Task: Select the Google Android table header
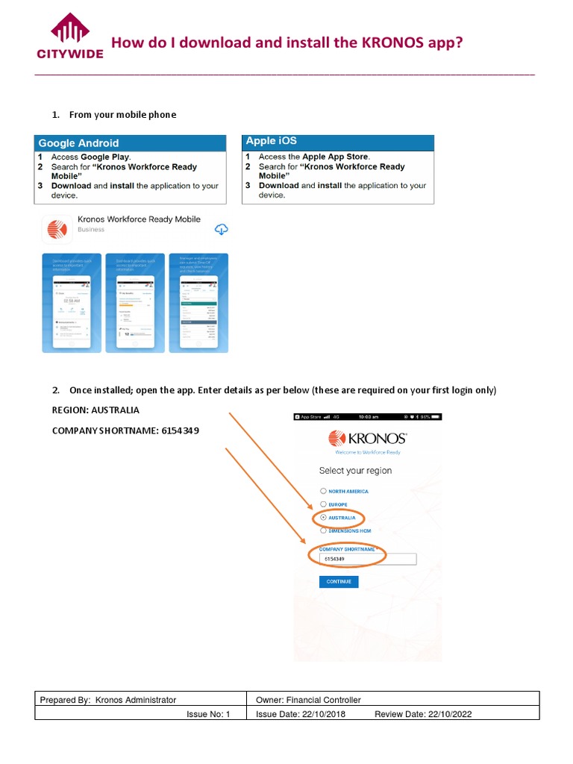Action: pos(78,143)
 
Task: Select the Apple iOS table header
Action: pos(272,141)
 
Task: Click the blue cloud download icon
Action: pos(221,229)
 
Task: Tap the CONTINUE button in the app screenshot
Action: pos(338,582)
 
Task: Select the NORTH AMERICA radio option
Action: pos(323,491)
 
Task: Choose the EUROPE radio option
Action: pos(323,504)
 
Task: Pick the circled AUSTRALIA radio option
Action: pos(323,517)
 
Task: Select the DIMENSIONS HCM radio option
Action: pos(323,530)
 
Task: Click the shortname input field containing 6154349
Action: pos(367,559)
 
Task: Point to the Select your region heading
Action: pos(355,471)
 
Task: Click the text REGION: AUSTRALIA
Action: pos(95,410)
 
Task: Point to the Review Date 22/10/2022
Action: pos(422,714)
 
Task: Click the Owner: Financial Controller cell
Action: pos(308,700)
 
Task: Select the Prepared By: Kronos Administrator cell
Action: pos(108,700)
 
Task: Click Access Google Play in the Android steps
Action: pos(90,157)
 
